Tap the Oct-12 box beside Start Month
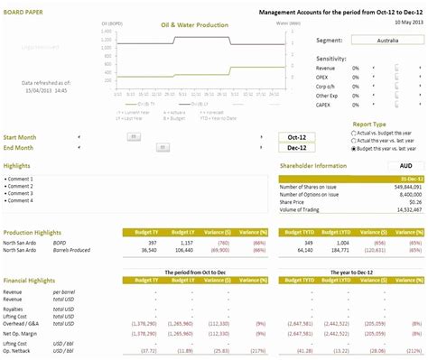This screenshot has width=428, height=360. (x=297, y=137)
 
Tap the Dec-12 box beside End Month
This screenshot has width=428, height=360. (x=297, y=148)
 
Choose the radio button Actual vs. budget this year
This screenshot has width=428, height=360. (x=353, y=132)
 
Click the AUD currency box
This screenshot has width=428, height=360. (x=405, y=166)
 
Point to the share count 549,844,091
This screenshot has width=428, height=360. (x=404, y=186)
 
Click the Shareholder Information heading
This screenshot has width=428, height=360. (x=315, y=166)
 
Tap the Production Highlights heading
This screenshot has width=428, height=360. (x=34, y=232)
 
